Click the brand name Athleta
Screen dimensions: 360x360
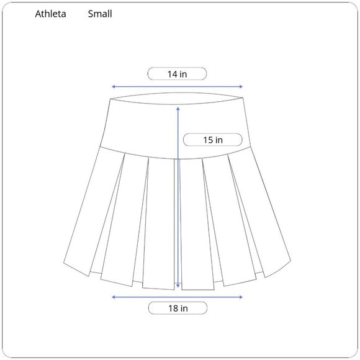click(x=52, y=14)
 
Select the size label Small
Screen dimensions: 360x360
click(x=100, y=14)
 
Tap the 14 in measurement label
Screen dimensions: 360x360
click(x=177, y=74)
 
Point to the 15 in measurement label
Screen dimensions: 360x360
click(x=213, y=140)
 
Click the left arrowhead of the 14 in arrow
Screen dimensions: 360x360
click(x=113, y=87)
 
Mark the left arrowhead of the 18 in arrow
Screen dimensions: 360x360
click(x=113, y=297)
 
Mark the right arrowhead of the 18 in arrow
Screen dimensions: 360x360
click(x=241, y=297)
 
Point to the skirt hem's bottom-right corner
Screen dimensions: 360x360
click(x=291, y=259)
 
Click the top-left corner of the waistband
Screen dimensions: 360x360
click(x=110, y=99)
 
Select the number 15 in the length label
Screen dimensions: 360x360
click(x=208, y=140)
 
